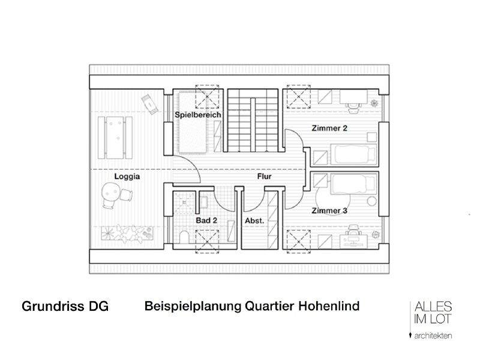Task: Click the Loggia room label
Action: tap(127, 177)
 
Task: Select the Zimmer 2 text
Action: tap(329, 128)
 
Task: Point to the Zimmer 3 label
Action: tap(329, 211)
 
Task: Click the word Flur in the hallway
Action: tap(265, 177)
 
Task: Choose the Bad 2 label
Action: tap(206, 221)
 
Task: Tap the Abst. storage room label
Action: tap(254, 221)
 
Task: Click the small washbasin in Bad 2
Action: tap(203, 202)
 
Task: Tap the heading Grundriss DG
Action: tap(65, 307)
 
